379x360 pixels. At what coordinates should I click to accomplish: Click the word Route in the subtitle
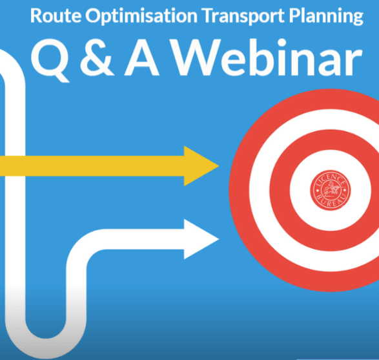pos(56,16)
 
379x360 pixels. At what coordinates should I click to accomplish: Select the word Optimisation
pos(141,16)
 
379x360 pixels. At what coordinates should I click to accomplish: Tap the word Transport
pos(243,16)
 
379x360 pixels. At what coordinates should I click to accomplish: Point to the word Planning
pos(326,16)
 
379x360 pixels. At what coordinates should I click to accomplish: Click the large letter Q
pos(50,61)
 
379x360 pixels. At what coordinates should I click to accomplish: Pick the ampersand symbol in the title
pos(96,58)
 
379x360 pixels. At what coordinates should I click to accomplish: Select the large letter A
pos(142,58)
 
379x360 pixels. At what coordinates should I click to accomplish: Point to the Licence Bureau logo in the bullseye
pos(330,190)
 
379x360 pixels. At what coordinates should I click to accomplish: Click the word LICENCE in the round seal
pos(330,179)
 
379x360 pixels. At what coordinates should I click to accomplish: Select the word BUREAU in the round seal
pos(330,201)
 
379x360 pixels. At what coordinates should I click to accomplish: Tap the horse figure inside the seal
pos(330,189)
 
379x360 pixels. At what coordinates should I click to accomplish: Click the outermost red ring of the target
pos(240,190)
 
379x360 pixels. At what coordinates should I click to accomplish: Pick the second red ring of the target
pos(280,190)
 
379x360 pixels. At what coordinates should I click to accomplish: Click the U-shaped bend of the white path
pos(45,348)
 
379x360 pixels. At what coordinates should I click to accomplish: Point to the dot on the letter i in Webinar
pos(278,43)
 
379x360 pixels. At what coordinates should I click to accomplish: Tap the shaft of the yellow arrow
pos(92,166)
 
